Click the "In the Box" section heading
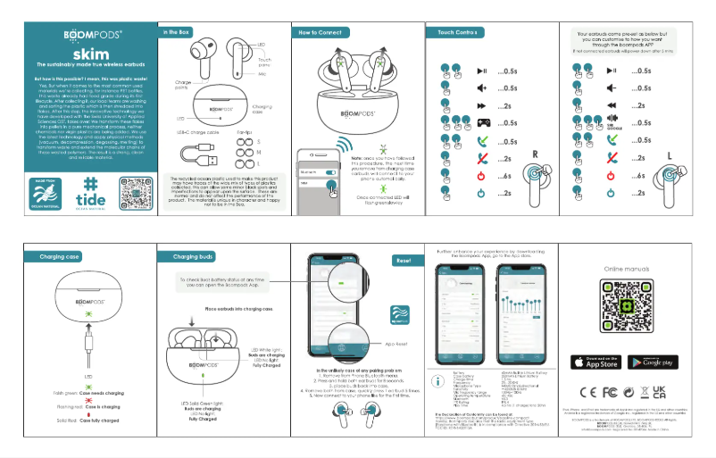177,31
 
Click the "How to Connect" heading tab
320,31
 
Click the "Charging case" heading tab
62,256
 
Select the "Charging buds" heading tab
186,256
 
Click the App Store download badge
595,362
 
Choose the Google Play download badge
653,362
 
